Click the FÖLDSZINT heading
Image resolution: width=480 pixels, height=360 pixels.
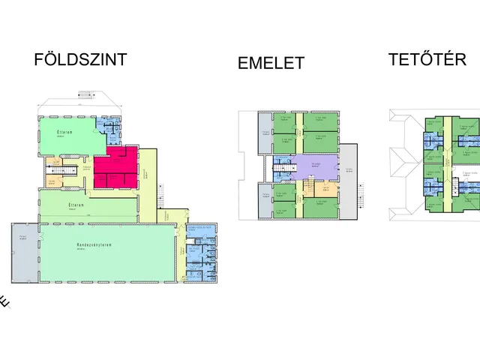click(81, 60)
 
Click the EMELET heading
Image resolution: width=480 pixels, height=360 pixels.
click(271, 63)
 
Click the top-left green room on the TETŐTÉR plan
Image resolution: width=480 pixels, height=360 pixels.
click(433, 122)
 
